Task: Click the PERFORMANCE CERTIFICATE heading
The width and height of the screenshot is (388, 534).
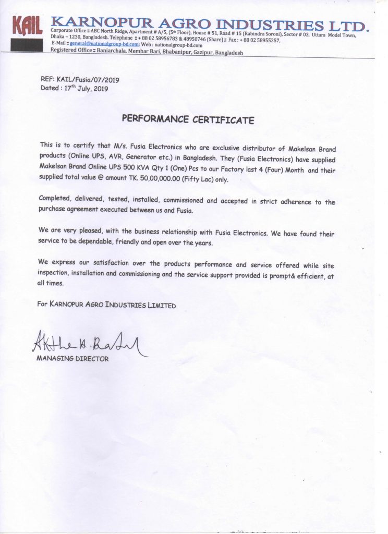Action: (188, 119)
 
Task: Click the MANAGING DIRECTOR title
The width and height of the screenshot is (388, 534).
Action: (72, 359)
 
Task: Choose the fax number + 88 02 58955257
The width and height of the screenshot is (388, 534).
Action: (260, 40)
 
